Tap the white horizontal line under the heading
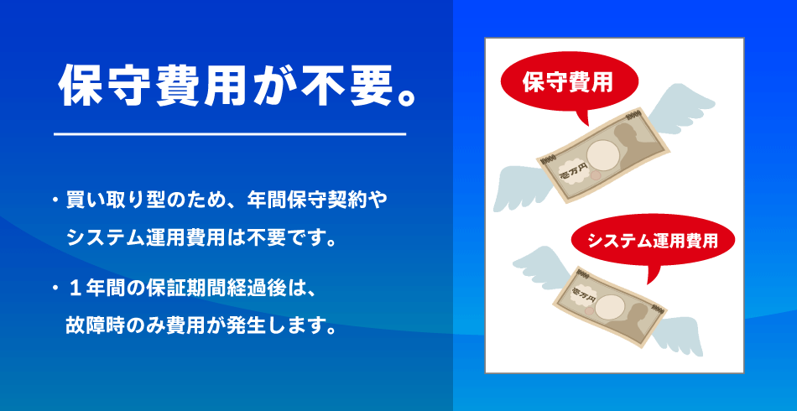coord(230,135)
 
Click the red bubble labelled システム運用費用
coord(653,242)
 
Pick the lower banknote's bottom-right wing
coord(676,335)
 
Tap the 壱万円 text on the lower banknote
coord(583,294)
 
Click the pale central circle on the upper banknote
coord(603,155)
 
